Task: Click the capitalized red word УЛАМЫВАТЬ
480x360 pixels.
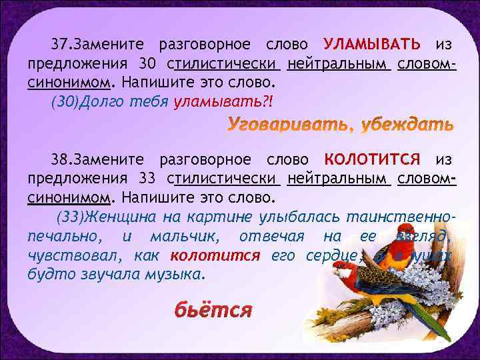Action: coord(371,44)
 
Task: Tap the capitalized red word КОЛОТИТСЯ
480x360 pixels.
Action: coord(371,159)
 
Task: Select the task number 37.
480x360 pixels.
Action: coord(63,45)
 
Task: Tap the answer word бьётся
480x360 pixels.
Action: coord(213,311)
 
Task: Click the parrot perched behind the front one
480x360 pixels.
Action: coord(400,257)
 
